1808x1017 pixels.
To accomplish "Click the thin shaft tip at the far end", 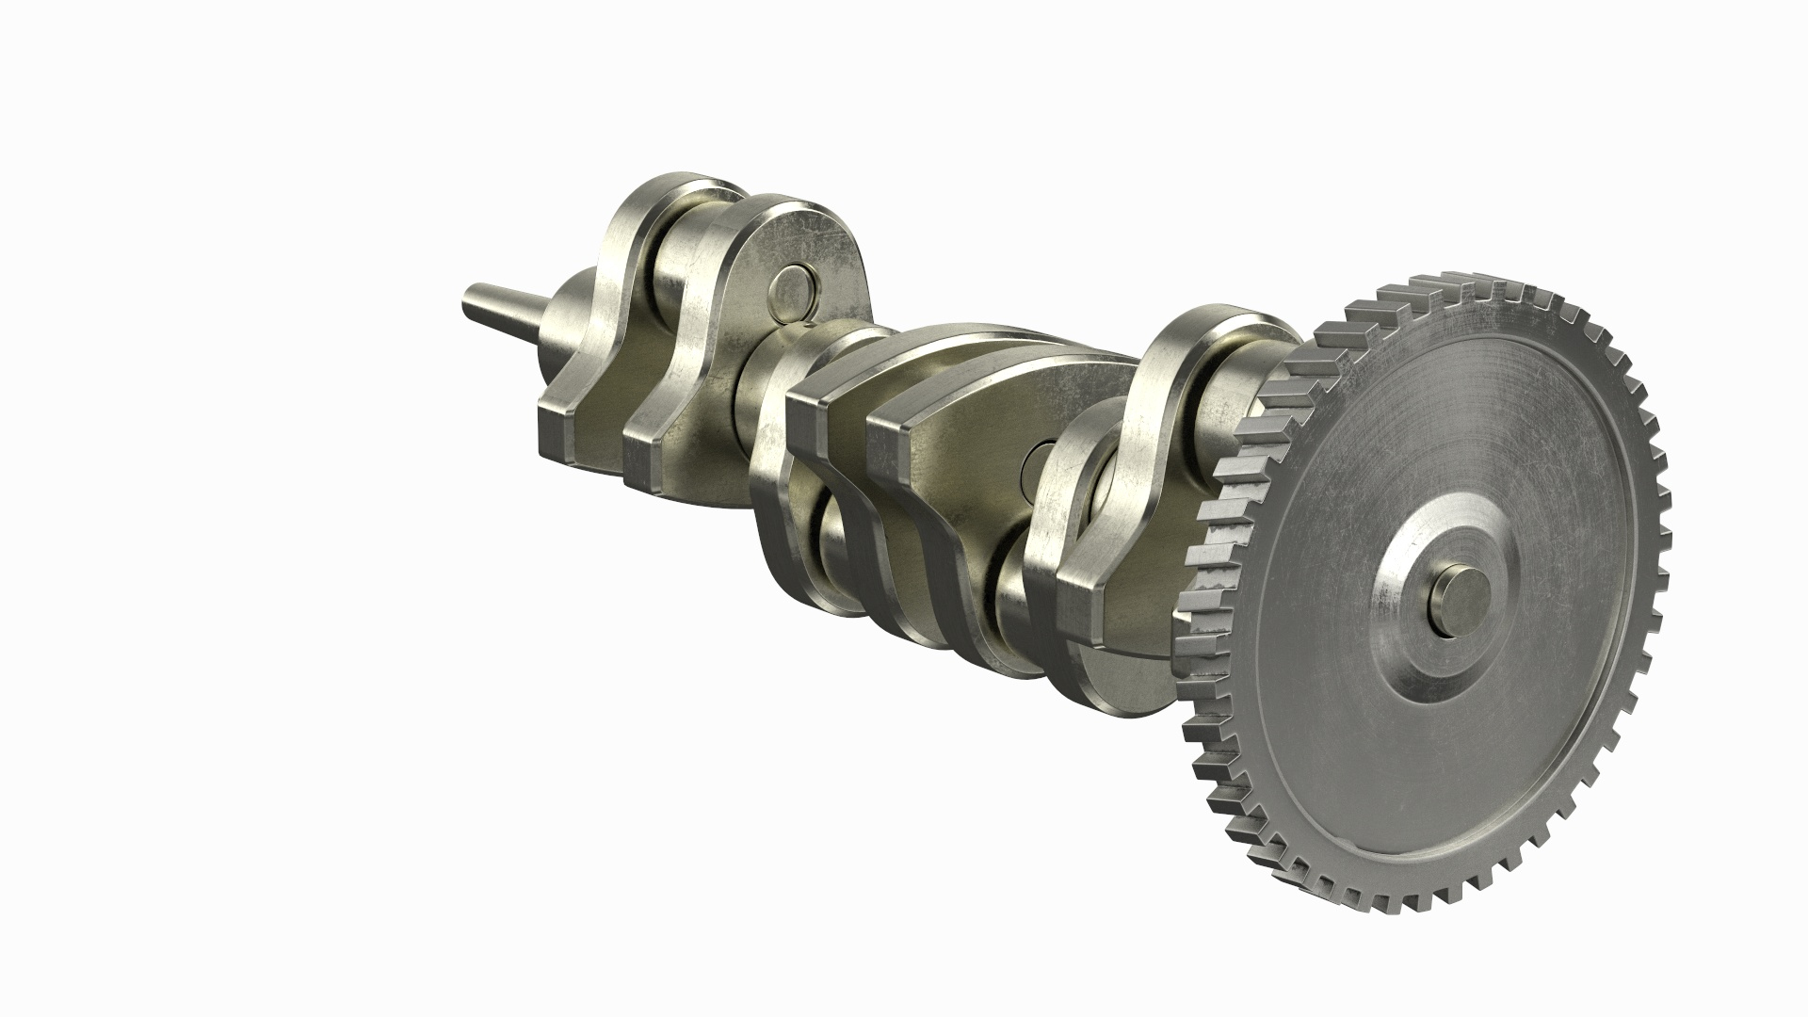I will point(471,304).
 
